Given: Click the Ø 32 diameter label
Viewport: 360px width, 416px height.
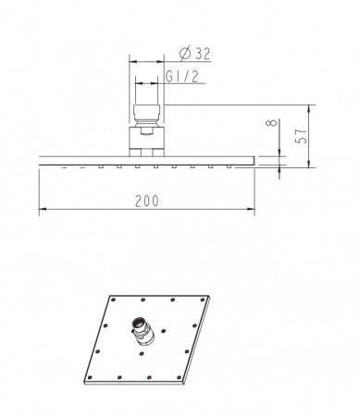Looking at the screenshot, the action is [195, 54].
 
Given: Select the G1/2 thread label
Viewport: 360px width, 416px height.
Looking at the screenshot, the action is [182, 77].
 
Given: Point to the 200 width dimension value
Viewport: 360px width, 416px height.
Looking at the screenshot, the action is [147, 201].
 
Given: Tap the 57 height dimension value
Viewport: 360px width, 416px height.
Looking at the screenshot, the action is [302, 136].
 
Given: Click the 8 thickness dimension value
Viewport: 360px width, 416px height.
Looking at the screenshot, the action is [272, 123].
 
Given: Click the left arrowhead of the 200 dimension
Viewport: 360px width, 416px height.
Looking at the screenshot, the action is [43, 209].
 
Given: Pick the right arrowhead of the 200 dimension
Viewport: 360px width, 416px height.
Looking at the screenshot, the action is [251, 209].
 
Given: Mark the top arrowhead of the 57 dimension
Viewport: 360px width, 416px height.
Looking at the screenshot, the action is [309, 108].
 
